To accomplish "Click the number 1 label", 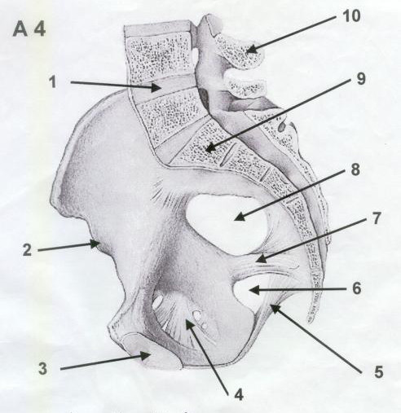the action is tap(53, 81).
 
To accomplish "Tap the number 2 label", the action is tap(27, 250).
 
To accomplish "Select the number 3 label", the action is tap(42, 369).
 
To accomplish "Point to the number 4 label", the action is tap(239, 394).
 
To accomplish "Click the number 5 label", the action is tap(378, 371).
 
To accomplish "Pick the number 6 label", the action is tap(356, 288).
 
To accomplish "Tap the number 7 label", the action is tap(376, 218).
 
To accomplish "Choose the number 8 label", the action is tap(355, 169).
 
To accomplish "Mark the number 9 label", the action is tap(361, 79).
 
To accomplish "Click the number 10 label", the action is tap(352, 15).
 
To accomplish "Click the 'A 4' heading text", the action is tap(29, 29).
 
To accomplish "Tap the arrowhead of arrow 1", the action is tap(156, 87).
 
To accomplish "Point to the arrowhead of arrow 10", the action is tap(252, 49).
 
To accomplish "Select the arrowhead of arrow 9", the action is tap(210, 148).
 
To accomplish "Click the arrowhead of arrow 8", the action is tap(239, 216).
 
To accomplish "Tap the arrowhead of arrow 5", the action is tap(275, 309).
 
